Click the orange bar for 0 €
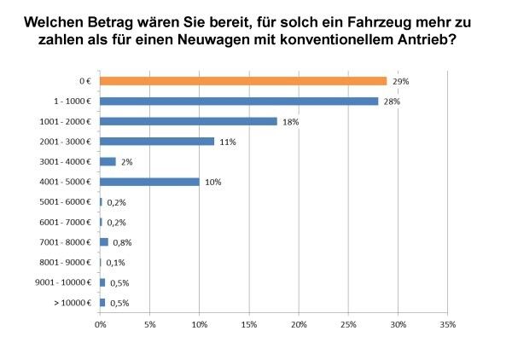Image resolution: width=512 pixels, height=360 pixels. (243, 81)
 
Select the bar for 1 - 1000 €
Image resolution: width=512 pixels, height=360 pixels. (239, 101)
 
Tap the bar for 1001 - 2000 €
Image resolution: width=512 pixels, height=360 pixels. (189, 121)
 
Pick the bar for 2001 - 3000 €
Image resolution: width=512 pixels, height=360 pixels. (157, 142)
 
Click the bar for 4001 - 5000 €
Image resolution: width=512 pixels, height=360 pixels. (149, 182)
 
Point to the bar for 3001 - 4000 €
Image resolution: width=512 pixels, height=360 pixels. (108, 161)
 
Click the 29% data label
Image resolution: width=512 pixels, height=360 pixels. (401, 81)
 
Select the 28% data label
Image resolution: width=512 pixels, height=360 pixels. (393, 102)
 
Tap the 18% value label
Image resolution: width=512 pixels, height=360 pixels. (291, 122)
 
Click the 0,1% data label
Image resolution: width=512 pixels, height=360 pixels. (114, 263)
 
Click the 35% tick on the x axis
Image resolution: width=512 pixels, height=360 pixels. (448, 324)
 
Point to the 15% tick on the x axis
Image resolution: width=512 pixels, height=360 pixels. (249, 324)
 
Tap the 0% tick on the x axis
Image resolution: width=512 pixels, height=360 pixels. (100, 324)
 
